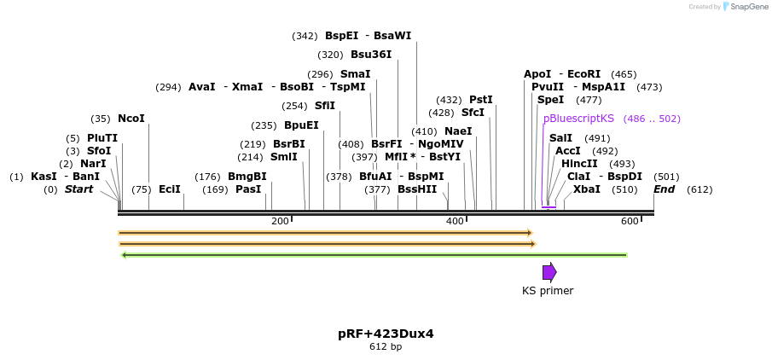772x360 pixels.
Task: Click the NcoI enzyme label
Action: [131, 119]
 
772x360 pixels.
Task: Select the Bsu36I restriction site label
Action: [371, 55]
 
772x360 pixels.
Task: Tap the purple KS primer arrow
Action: [549, 272]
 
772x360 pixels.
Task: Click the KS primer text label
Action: [548, 291]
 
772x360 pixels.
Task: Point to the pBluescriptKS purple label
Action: [578, 119]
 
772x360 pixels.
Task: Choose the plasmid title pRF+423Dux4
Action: [386, 334]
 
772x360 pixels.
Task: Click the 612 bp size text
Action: [386, 346]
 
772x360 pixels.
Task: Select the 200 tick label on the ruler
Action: [280, 222]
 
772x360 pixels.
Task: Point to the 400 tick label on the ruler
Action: [455, 222]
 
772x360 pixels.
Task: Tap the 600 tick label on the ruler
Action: [630, 222]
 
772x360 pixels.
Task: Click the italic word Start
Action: [78, 189]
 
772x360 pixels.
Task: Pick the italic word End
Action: [665, 189]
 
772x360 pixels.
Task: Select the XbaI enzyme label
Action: [586, 189]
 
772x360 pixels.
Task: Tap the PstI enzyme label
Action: [481, 100]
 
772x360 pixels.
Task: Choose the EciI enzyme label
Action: [169, 189]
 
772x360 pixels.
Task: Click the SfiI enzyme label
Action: [325, 106]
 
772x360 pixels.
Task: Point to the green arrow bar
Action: [375, 254]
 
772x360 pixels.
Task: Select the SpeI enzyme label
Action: [550, 100]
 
